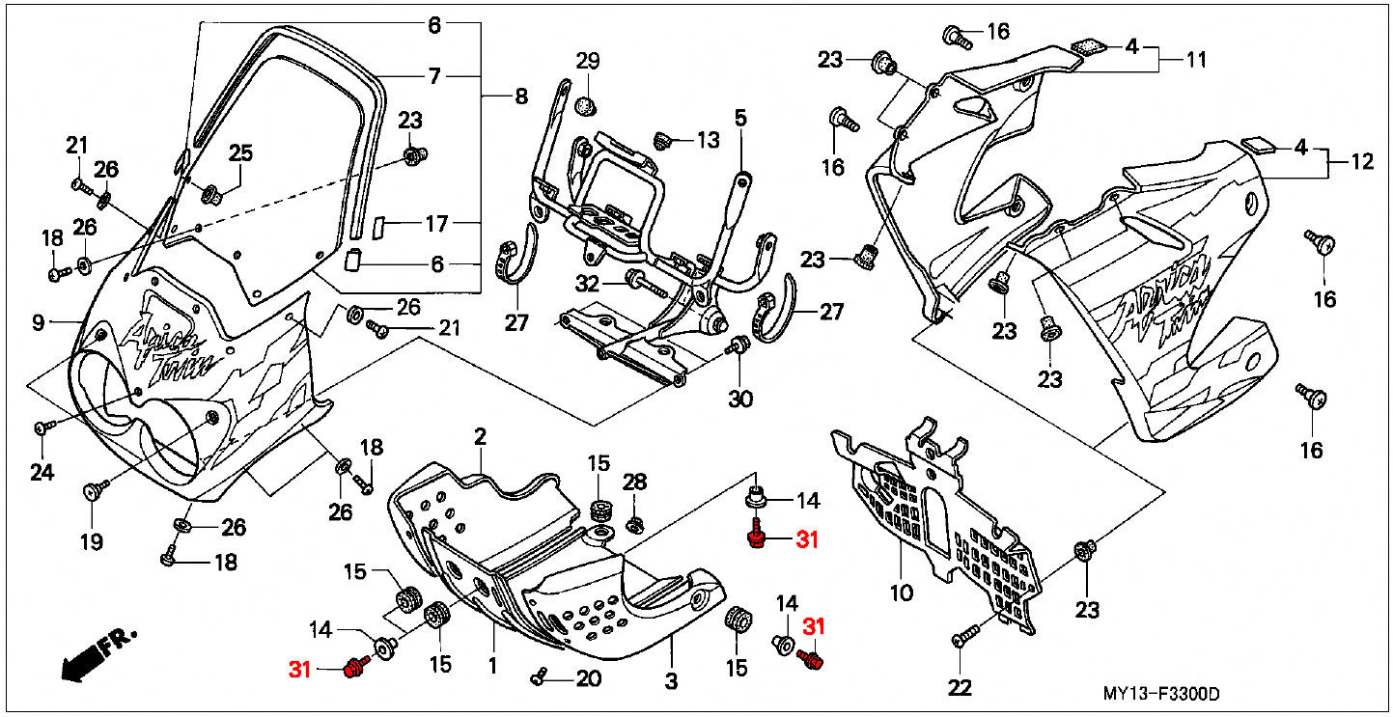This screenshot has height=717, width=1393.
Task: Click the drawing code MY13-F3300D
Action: tap(1161, 694)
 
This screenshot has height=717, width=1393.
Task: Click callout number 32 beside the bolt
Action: tap(588, 284)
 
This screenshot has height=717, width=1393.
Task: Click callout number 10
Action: tap(901, 592)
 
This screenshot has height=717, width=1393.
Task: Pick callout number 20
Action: tap(588, 678)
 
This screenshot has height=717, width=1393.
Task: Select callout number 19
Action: tap(91, 541)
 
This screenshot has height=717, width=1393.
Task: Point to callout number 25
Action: tap(240, 152)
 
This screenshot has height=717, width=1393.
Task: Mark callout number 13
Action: tap(708, 140)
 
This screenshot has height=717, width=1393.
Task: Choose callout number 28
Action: tap(634, 482)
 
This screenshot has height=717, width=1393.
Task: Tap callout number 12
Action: tap(1361, 163)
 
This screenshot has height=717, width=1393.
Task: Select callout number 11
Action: tap(1196, 60)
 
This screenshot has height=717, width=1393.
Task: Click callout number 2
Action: tap(479, 437)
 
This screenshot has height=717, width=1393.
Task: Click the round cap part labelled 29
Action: tap(583, 103)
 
